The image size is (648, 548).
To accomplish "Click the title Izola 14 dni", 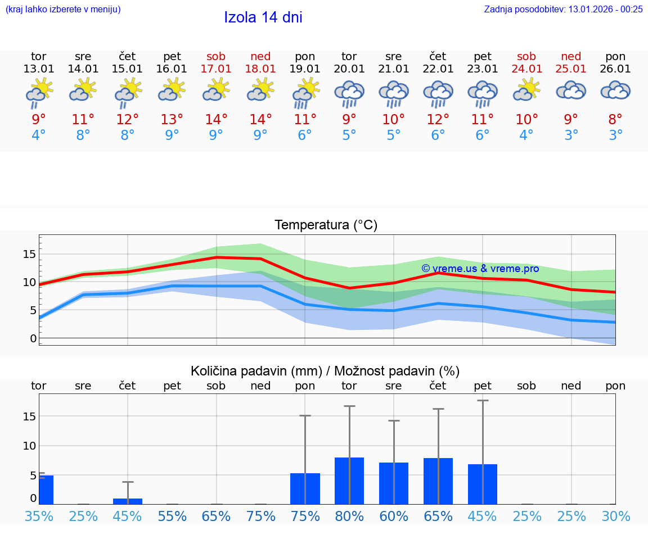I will [x=263, y=17].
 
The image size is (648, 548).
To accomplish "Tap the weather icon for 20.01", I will [x=349, y=94].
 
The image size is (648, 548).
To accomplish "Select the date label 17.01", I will [x=216, y=69].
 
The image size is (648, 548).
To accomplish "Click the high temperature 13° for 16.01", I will [x=172, y=119].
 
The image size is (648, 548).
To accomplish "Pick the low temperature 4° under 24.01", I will [x=526, y=135].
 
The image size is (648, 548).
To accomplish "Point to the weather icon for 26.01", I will [x=615, y=91].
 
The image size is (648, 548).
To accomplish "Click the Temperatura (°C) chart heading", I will [x=326, y=225].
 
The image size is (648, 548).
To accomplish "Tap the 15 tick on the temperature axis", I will [x=29, y=254].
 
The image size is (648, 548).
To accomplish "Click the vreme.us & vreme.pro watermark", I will [x=480, y=269].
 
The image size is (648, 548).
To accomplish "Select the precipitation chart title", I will [x=325, y=371].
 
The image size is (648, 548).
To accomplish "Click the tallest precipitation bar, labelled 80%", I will [x=349, y=481].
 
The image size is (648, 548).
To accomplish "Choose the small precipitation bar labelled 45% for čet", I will [x=128, y=501].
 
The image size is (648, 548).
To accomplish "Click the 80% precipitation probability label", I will [x=349, y=517].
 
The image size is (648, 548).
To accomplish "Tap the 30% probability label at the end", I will [x=615, y=517].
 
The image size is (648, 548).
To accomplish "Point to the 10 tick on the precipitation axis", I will [x=29, y=446].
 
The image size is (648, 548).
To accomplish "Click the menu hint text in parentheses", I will [x=63, y=9].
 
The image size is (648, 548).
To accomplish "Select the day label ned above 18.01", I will [x=260, y=57].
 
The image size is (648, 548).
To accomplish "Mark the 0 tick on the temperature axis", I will [x=33, y=338].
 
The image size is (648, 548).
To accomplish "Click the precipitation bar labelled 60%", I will [x=394, y=483].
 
